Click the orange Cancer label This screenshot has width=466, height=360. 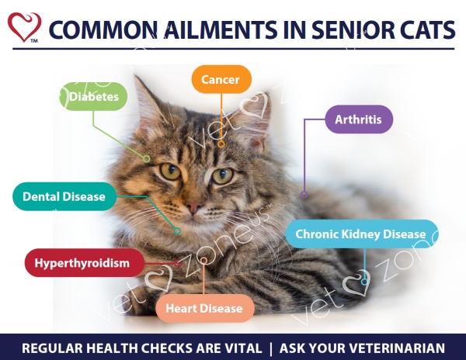tap(221, 79)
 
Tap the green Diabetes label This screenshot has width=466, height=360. tap(94, 96)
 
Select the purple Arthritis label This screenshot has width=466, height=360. tap(359, 119)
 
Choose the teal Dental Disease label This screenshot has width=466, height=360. tap(64, 196)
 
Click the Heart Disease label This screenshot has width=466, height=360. tap(205, 308)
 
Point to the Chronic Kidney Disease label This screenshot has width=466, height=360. tap(362, 234)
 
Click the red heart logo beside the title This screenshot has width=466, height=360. tap(24, 27)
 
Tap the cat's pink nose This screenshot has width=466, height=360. tap(193, 206)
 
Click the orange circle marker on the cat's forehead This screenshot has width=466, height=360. tap(221, 144)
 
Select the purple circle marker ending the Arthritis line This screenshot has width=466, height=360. tap(304, 195)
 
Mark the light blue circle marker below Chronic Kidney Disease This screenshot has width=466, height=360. tap(364, 282)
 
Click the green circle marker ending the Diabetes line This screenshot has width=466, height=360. tap(146, 159)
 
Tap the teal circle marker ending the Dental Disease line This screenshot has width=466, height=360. tap(177, 231)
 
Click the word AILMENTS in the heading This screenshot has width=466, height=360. tap(221, 29)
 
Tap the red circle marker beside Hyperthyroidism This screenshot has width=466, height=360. tap(178, 263)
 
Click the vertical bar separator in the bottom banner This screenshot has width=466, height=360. tap(270, 348)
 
